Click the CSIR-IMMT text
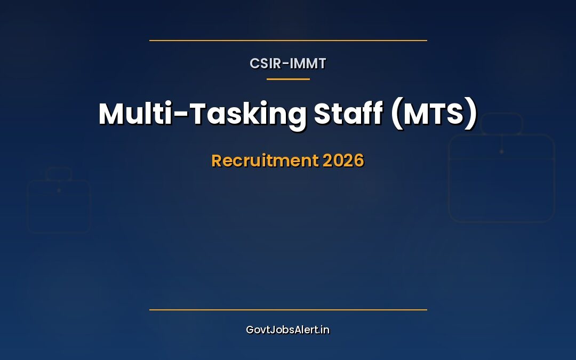point(287,63)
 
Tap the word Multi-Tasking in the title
point(203,114)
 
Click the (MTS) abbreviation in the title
point(434,114)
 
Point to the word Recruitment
point(265,161)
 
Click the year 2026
point(343,161)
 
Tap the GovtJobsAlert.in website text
point(287,330)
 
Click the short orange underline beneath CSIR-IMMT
point(288,79)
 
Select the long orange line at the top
point(288,41)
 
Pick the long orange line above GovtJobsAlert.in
point(288,310)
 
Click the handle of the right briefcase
point(501,114)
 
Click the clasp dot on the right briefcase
point(501,151)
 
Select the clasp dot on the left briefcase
point(59,190)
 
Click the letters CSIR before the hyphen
point(265,63)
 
